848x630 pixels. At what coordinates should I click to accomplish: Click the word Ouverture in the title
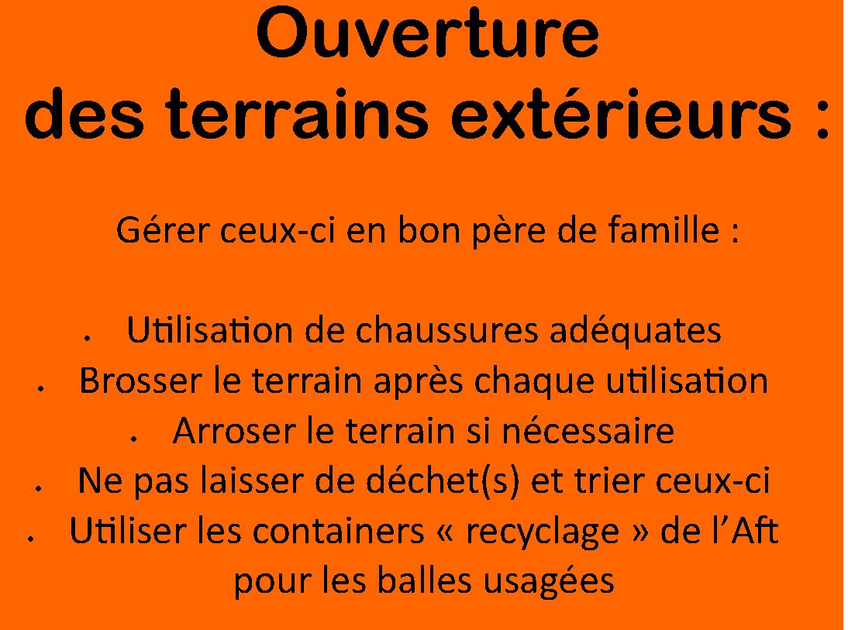(427, 33)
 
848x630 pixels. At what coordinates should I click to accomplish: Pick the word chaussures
(446, 330)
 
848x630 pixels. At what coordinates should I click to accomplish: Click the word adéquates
(636, 331)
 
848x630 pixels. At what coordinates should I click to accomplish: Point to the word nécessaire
(588, 431)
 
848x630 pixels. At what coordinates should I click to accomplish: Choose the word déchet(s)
(443, 480)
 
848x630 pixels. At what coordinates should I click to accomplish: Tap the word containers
(339, 531)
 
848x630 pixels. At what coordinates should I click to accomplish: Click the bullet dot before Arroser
(133, 440)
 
